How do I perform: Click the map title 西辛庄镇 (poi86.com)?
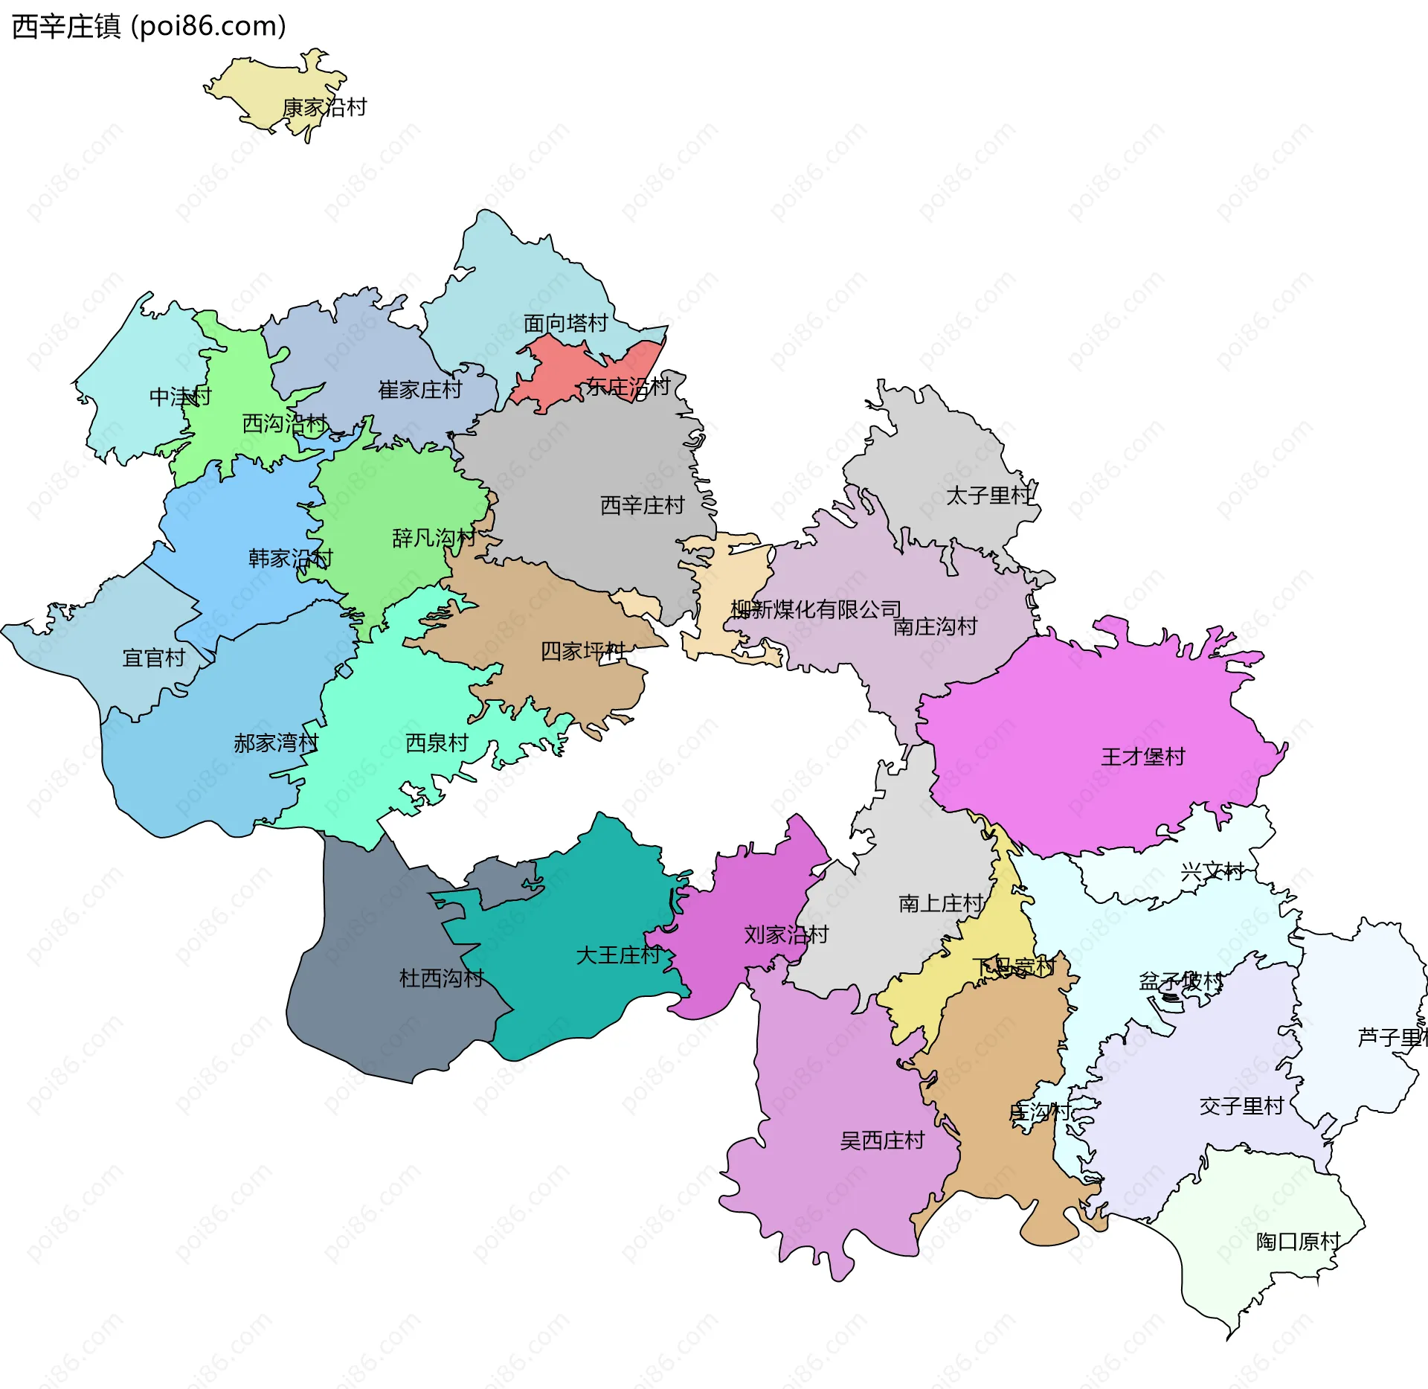point(149,27)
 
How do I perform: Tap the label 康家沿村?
point(324,107)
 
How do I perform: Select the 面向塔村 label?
point(565,323)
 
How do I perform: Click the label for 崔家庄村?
point(420,389)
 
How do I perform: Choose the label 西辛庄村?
point(642,505)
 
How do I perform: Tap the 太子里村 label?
point(988,495)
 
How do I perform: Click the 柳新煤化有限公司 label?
point(815,609)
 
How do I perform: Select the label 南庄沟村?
point(935,626)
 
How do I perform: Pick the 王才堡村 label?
point(1142,757)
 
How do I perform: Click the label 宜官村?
point(153,658)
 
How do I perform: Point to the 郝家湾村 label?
point(276,742)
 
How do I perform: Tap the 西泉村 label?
point(437,742)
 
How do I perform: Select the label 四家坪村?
point(582,651)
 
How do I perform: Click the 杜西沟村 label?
point(441,978)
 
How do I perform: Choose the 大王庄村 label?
point(618,955)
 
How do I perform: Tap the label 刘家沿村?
point(786,934)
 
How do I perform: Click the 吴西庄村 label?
point(882,1141)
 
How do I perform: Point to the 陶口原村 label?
point(1298,1241)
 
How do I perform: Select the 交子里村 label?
point(1241,1106)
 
